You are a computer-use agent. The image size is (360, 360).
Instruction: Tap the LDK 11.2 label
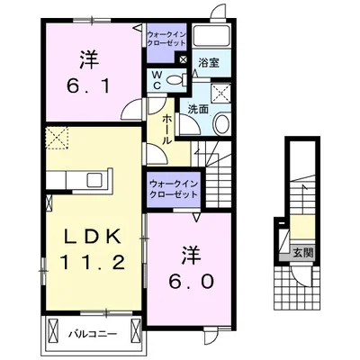click(x=93, y=250)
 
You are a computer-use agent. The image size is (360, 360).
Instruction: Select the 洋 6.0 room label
click(x=191, y=268)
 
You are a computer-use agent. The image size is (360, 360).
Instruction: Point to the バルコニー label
click(x=92, y=334)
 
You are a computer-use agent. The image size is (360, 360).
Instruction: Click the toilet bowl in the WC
click(x=175, y=80)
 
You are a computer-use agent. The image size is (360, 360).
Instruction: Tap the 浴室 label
click(x=209, y=63)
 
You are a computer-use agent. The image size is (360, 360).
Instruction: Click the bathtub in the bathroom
click(x=211, y=36)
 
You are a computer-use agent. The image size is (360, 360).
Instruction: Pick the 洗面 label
click(x=198, y=110)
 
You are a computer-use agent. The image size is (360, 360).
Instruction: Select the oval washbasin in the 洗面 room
click(x=221, y=123)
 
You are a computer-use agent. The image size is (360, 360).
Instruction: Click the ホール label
click(x=167, y=130)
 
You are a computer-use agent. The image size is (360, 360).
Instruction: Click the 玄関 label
click(x=303, y=253)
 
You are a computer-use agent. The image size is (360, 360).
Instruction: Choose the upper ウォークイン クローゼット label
click(x=166, y=39)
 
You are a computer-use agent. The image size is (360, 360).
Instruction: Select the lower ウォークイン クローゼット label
click(x=174, y=188)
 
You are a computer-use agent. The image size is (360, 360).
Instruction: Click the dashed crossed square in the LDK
click(x=58, y=138)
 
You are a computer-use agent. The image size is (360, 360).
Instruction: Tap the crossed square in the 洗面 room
click(x=220, y=94)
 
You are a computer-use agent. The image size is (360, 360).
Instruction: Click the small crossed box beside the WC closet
click(x=183, y=59)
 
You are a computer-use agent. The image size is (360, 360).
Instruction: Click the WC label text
click(x=157, y=80)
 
